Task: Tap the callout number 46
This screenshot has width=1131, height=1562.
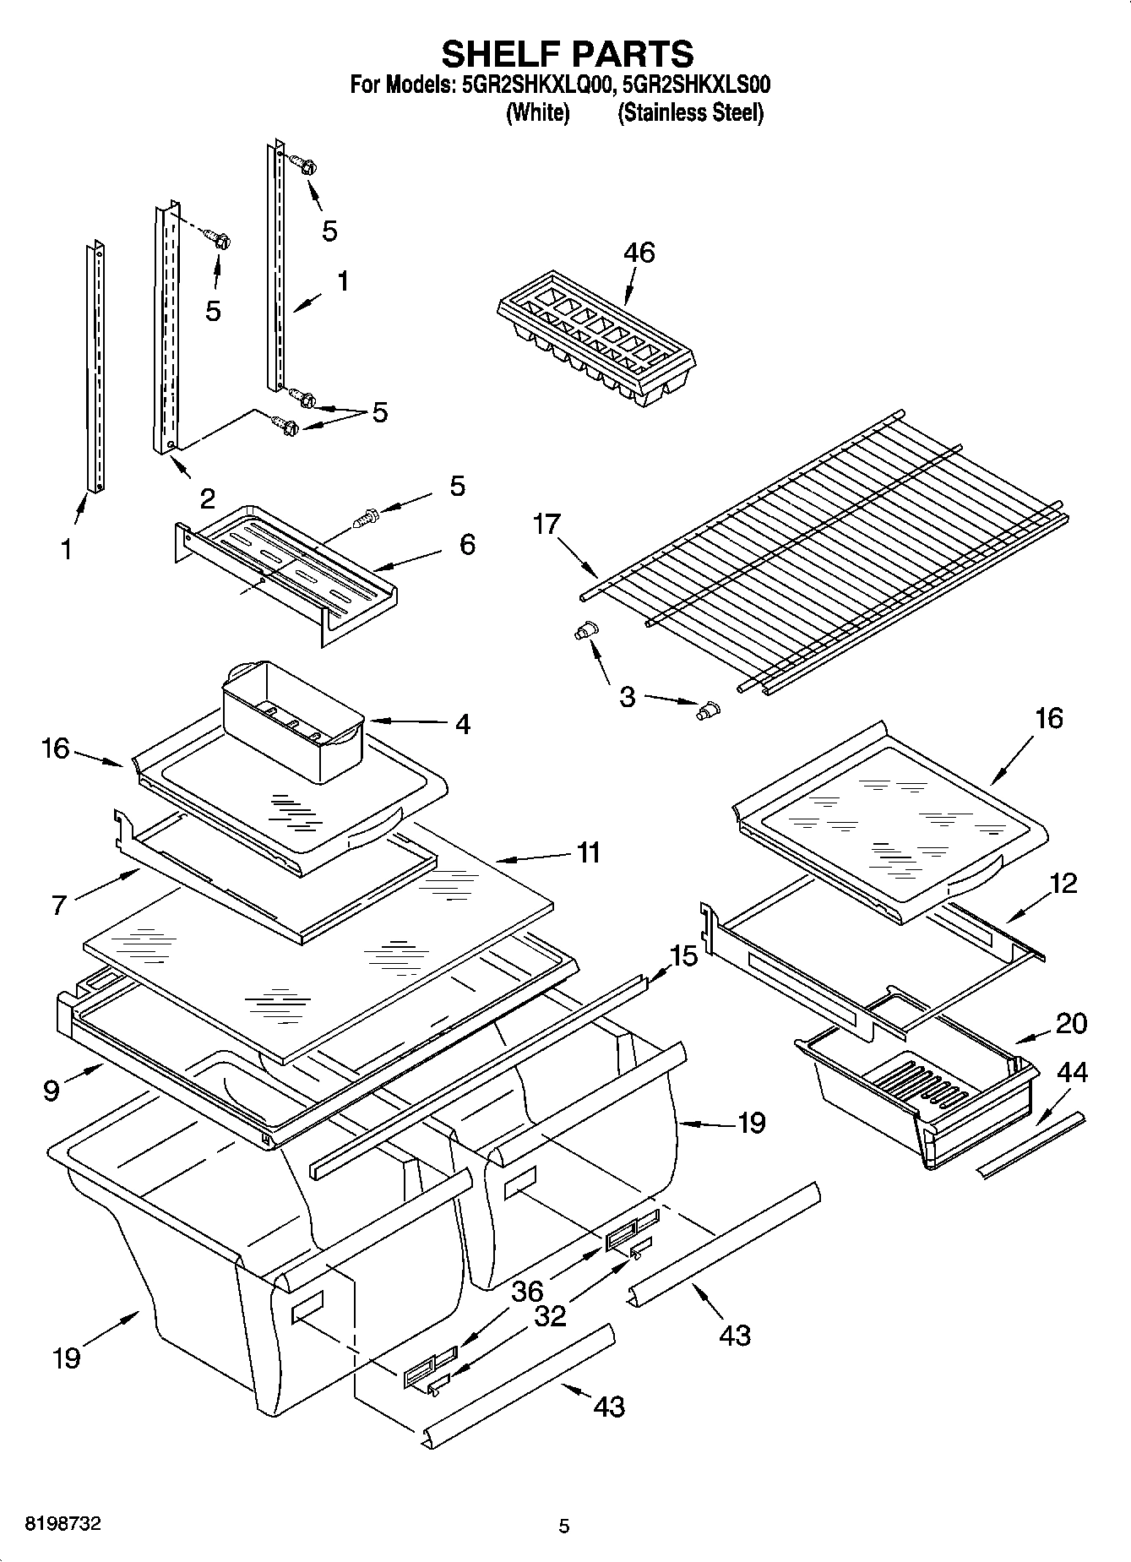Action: click(x=639, y=253)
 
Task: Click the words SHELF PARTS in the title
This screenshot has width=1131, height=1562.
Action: click(x=567, y=53)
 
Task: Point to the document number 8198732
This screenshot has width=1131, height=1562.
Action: click(x=63, y=1524)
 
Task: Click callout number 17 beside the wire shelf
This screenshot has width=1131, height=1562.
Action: click(x=546, y=525)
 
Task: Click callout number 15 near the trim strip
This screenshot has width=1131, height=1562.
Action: click(x=683, y=956)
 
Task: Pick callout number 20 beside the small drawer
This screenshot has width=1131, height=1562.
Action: click(x=1071, y=1023)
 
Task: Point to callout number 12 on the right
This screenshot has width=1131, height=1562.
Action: click(x=1063, y=884)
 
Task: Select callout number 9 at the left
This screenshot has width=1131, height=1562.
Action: click(x=52, y=1091)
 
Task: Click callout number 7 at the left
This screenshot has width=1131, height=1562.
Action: click(x=58, y=905)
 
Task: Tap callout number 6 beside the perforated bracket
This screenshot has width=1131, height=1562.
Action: click(x=467, y=544)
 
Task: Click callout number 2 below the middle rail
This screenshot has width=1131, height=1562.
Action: click(x=207, y=498)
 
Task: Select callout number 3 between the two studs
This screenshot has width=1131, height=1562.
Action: click(x=627, y=698)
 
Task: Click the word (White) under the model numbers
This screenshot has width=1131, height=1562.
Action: click(x=537, y=112)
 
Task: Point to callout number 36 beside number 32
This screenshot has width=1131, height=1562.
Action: click(x=527, y=1291)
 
